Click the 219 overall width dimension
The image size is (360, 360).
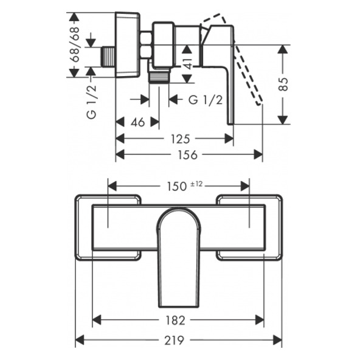pyautogui.click(x=174, y=340)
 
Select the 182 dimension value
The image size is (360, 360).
pyautogui.click(x=175, y=320)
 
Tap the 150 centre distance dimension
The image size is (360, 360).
pyautogui.click(x=176, y=187)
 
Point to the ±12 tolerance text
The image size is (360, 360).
pyautogui.click(x=196, y=184)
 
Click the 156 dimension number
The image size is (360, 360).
pyautogui.click(x=187, y=155)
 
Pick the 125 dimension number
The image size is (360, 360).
pyautogui.click(x=181, y=139)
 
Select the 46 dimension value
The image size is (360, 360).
pyautogui.click(x=138, y=122)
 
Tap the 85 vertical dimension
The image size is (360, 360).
pyautogui.click(x=284, y=85)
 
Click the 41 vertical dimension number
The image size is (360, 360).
pyautogui.click(x=188, y=63)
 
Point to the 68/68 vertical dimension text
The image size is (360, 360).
pyautogui.click(x=75, y=44)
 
